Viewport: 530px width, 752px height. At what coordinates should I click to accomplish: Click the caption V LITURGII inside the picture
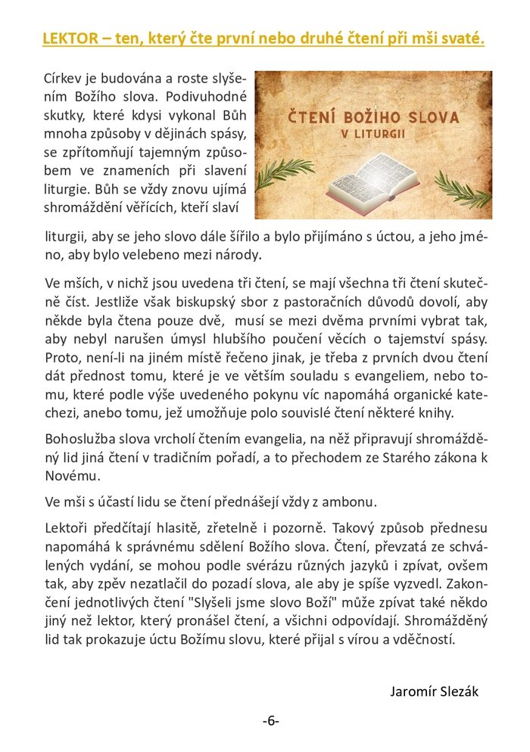coord(373,135)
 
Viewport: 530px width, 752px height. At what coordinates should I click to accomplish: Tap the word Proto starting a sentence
coord(61,356)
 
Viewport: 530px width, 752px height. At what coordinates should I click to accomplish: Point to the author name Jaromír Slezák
coord(434,691)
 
